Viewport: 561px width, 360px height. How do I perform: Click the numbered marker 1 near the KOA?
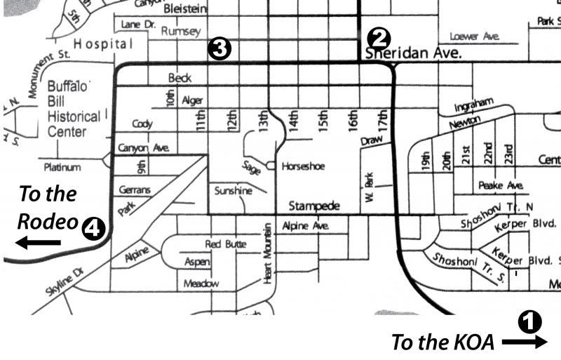point(530,322)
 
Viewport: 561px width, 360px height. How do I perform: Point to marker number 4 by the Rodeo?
point(93,227)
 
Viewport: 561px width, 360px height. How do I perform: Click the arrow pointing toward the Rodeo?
point(39,243)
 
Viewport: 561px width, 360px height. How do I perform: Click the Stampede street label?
point(314,206)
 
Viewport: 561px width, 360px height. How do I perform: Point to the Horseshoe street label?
point(303,167)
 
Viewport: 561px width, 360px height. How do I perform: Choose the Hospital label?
point(103,44)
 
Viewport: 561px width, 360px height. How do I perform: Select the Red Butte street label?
point(225,244)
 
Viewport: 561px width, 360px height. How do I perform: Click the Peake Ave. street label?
point(501,186)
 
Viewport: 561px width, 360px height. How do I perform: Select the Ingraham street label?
point(474,105)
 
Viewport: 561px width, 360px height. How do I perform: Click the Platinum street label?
point(62,168)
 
